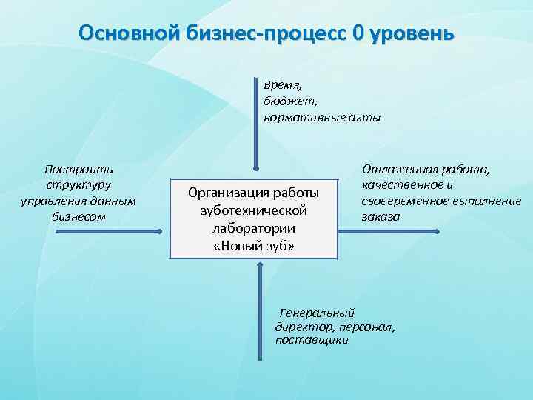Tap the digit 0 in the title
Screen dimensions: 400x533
pyautogui.click(x=359, y=34)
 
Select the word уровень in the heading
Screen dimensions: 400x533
pyautogui.click(x=412, y=34)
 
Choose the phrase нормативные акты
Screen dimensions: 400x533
pyautogui.click(x=321, y=118)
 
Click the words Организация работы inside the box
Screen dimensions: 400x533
pyautogui.click(x=254, y=193)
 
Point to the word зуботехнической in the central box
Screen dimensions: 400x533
pyautogui.click(x=254, y=210)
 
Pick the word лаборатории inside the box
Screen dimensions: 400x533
pyautogui.click(x=254, y=227)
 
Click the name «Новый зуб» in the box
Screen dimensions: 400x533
pyautogui.click(x=254, y=245)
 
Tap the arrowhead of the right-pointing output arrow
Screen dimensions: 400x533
pyautogui.click(x=436, y=232)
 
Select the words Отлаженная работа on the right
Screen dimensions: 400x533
pyautogui.click(x=426, y=170)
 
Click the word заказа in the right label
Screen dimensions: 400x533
pyautogui.click(x=381, y=216)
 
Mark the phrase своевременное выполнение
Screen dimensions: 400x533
pyautogui.click(x=440, y=201)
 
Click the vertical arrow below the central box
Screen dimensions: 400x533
pyautogui.click(x=260, y=311)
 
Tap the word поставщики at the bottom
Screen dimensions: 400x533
pyautogui.click(x=311, y=340)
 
